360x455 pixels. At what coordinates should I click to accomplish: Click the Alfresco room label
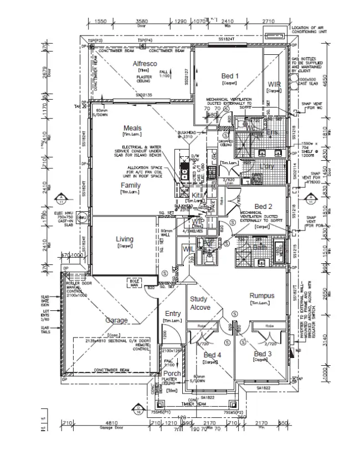pyautogui.click(x=145, y=64)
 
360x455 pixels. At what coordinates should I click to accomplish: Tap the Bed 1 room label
pyautogui.click(x=229, y=76)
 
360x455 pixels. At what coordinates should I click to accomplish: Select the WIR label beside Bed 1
pyautogui.click(x=274, y=84)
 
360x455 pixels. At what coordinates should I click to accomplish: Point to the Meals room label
pyautogui.click(x=133, y=128)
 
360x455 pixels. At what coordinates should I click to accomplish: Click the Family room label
pyautogui.click(x=131, y=185)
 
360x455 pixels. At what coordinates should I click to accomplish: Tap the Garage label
pyautogui.click(x=117, y=320)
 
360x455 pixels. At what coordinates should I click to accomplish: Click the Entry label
pyautogui.click(x=173, y=314)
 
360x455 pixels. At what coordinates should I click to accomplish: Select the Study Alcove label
pyautogui.click(x=199, y=303)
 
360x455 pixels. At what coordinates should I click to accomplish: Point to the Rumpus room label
pyautogui.click(x=261, y=296)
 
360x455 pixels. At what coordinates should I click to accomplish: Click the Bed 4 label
pyautogui.click(x=212, y=355)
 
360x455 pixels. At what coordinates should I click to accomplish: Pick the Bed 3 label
pyautogui.click(x=263, y=354)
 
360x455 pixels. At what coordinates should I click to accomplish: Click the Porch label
pyautogui.click(x=172, y=374)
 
